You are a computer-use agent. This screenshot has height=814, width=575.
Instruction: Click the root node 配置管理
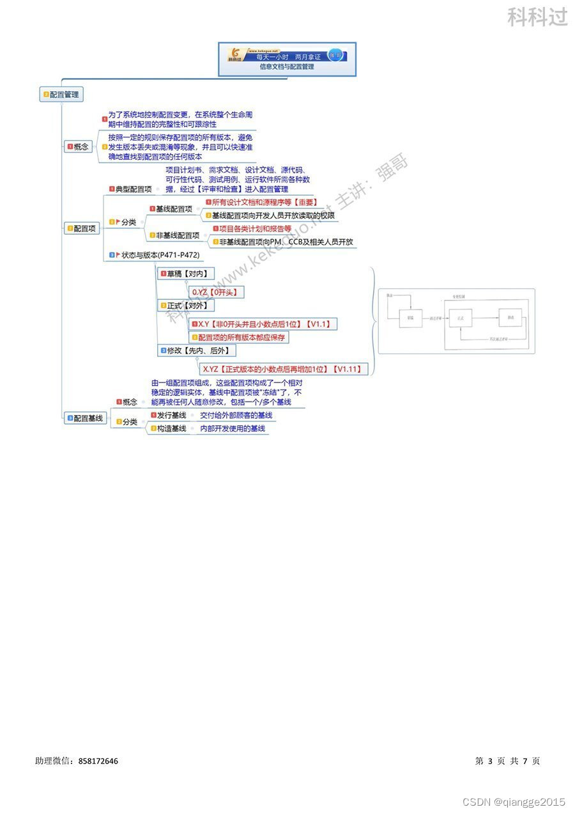[62, 95]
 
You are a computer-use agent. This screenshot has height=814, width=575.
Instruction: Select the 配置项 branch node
[83, 228]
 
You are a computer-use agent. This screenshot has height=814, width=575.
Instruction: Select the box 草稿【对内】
[186, 274]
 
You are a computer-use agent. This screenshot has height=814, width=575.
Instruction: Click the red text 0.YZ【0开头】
[217, 292]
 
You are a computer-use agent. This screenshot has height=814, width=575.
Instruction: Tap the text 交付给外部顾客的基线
[236, 416]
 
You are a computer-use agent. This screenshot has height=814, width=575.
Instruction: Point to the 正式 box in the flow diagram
[460, 317]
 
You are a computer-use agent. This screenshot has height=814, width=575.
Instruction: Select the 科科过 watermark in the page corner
[537, 17]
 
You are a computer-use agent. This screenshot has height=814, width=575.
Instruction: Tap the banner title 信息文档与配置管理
[287, 67]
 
